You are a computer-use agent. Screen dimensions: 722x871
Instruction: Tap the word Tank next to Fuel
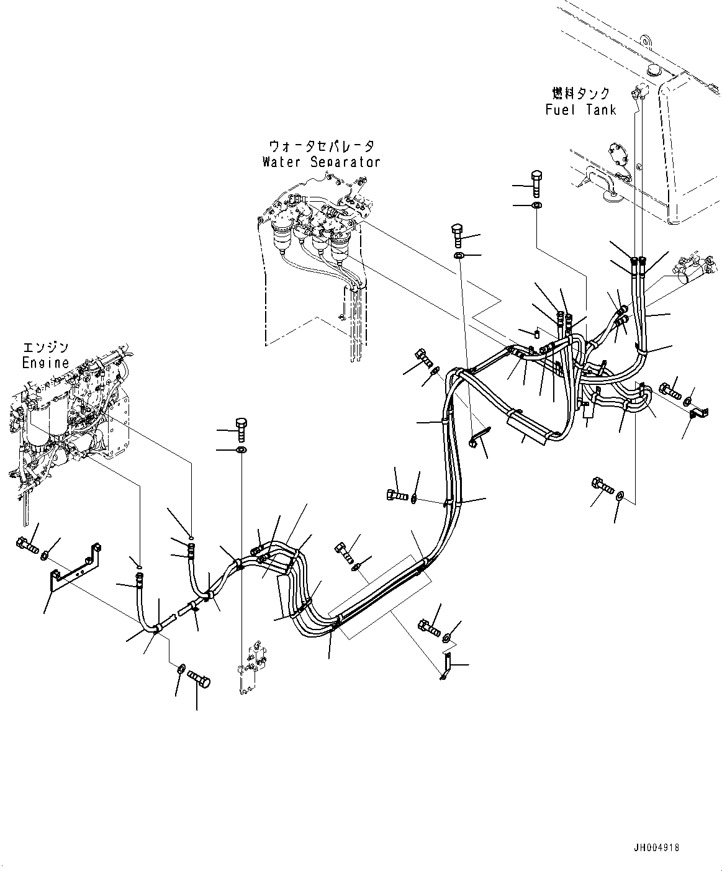(x=601, y=110)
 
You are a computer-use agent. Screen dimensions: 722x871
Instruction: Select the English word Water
(x=281, y=162)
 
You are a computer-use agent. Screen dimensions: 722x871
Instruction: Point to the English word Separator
(x=345, y=162)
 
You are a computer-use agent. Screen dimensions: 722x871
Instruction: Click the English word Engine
(x=45, y=363)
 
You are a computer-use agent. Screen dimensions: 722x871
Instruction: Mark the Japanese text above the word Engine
(x=46, y=348)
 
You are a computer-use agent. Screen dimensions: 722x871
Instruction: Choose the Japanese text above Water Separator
(x=322, y=147)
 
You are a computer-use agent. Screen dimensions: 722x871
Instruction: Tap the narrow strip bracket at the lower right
(x=446, y=669)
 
